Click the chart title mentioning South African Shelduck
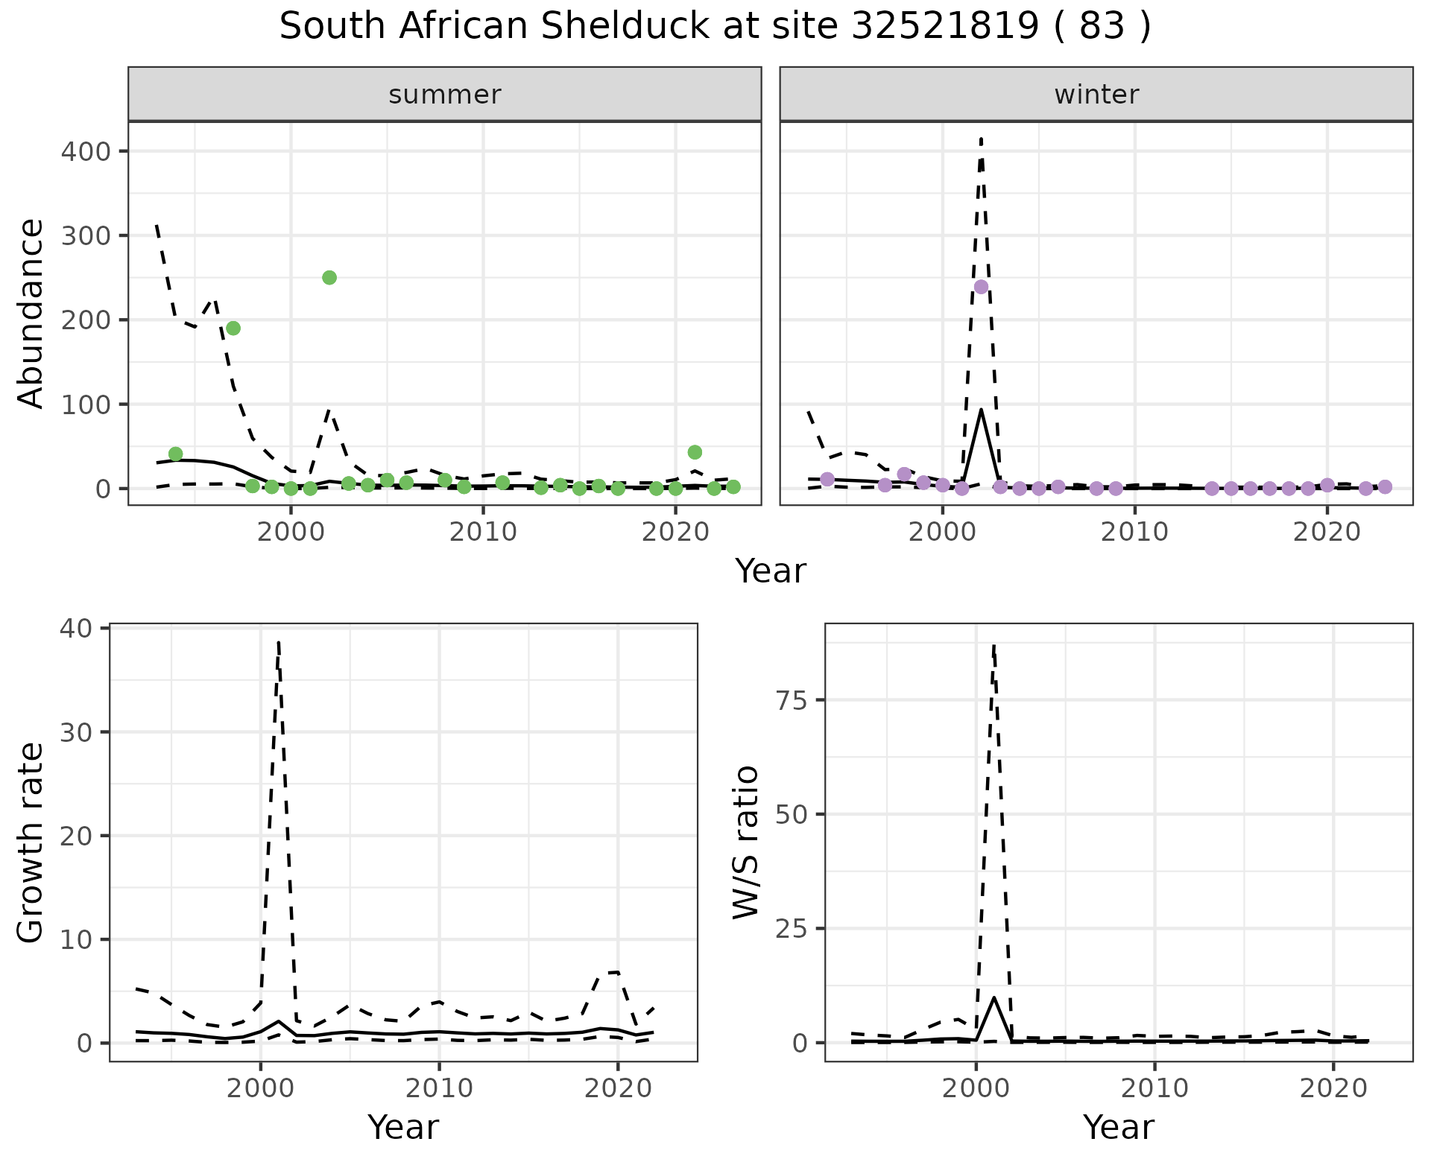pyautogui.click(x=715, y=27)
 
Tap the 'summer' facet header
pyautogui.click(x=444, y=95)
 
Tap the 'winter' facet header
pyautogui.click(x=1096, y=95)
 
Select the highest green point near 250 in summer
pyautogui.click(x=329, y=278)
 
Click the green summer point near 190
pyautogui.click(x=233, y=328)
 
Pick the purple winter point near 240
pyautogui.click(x=981, y=287)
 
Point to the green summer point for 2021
pyautogui.click(x=695, y=452)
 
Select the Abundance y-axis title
pyautogui.click(x=31, y=313)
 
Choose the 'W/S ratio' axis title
pyautogui.click(x=746, y=842)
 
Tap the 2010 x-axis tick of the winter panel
pyautogui.click(x=1134, y=532)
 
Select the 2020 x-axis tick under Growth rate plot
pyautogui.click(x=617, y=1088)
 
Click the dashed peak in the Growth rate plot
pyautogui.click(x=278, y=642)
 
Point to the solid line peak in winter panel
pyautogui.click(x=981, y=410)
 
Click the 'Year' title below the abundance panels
pyautogui.click(x=771, y=571)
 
